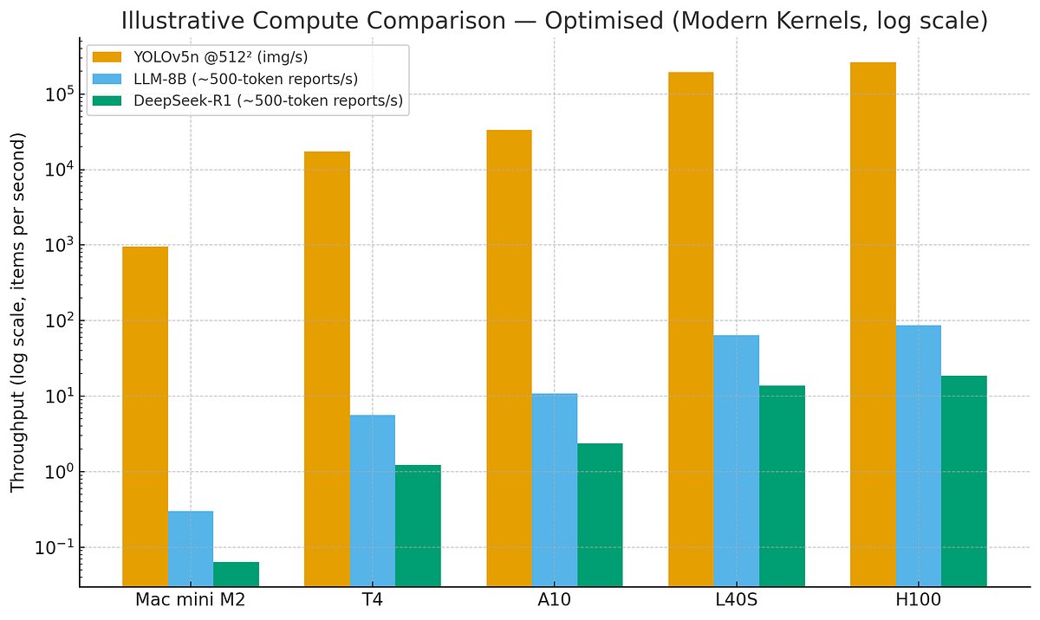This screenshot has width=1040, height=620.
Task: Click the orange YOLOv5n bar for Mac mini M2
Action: point(145,417)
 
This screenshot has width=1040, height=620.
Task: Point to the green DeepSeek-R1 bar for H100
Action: point(964,481)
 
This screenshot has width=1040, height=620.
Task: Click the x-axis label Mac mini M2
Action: point(190,600)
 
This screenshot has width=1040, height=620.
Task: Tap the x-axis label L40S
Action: point(736,600)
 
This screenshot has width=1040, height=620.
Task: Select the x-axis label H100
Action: point(919,600)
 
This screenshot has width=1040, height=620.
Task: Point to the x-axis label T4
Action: point(372,600)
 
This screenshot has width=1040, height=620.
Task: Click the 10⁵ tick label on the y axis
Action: point(54,94)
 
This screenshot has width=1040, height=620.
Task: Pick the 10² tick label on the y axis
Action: point(54,320)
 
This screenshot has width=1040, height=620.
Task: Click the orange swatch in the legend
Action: point(108,58)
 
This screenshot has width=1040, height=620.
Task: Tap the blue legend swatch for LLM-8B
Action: point(108,80)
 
